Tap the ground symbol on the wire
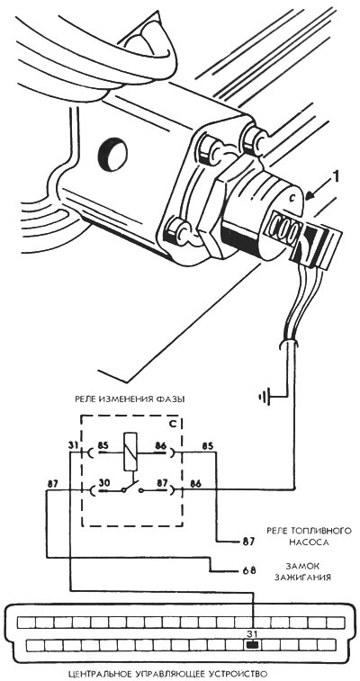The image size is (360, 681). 265,396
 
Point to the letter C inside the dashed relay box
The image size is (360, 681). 172,424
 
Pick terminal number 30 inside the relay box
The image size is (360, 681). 103,481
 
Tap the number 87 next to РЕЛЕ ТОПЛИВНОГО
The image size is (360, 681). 247,542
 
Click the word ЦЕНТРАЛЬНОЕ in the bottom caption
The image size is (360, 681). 103,674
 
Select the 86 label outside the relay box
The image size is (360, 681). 195,482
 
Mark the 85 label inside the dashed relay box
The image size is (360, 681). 103,444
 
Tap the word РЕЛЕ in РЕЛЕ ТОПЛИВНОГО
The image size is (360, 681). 278,531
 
